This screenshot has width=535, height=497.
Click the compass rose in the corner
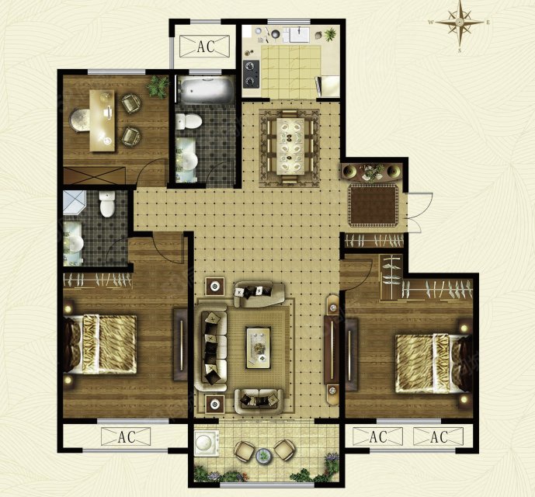click(460, 23)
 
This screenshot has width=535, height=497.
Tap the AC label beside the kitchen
click(206, 47)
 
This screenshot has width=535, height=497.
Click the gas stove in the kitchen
click(251, 73)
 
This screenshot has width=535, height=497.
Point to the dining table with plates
click(290, 146)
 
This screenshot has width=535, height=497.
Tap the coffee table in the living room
click(258, 348)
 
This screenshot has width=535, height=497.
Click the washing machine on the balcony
click(207, 443)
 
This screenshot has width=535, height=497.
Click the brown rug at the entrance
click(373, 206)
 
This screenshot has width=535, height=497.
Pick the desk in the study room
click(102, 120)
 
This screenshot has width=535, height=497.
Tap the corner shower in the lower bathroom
click(74, 203)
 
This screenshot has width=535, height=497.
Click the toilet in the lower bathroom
click(107, 203)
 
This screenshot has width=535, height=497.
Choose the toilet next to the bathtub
click(189, 121)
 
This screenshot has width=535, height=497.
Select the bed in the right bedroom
click(433, 363)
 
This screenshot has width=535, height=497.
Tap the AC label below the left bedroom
click(127, 437)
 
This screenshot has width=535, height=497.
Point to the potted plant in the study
click(158, 86)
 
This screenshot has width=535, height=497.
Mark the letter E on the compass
click(488, 23)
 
